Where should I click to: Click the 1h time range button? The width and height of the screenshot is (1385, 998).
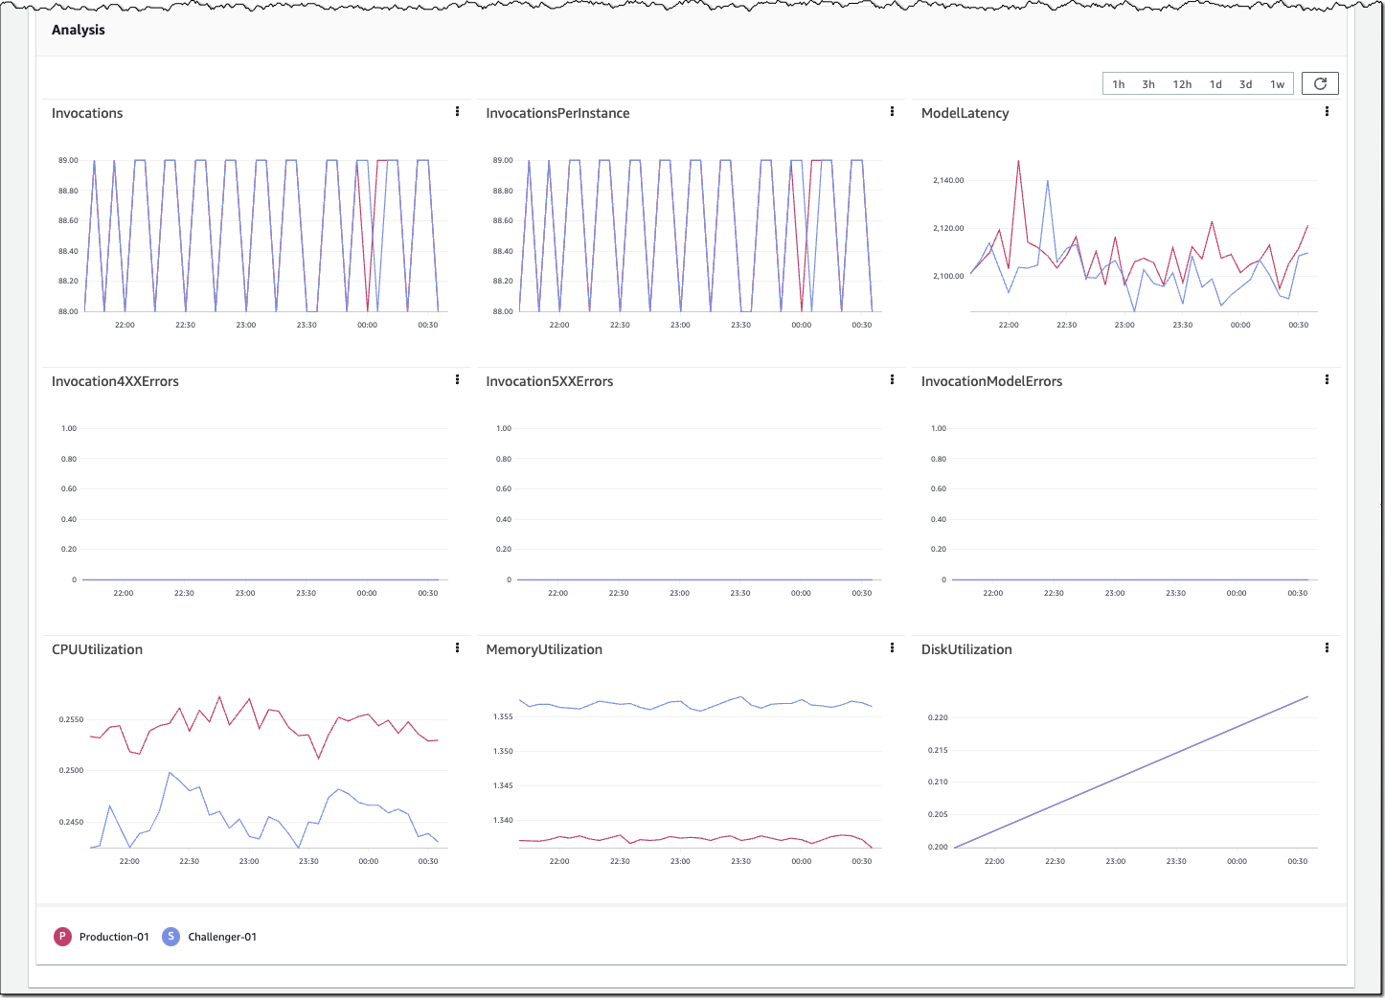(1118, 84)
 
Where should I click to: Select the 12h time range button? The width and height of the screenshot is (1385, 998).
(1182, 84)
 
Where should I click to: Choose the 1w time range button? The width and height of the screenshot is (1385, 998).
(1277, 84)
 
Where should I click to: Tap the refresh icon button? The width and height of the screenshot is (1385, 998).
(1320, 83)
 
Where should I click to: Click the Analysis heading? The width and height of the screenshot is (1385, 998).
(79, 30)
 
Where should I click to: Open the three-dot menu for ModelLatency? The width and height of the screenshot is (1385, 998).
(1327, 112)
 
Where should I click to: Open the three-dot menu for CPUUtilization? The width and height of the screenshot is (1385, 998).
(457, 648)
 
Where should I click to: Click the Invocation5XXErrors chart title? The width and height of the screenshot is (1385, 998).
(549, 381)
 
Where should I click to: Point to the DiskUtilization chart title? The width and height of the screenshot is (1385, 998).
(965, 649)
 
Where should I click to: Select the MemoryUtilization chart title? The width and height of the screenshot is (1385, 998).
(544, 649)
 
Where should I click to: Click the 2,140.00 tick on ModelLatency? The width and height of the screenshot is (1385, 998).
(948, 180)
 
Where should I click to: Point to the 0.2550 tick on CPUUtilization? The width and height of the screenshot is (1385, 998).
(70, 719)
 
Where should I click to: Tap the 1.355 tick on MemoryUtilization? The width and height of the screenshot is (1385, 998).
(503, 716)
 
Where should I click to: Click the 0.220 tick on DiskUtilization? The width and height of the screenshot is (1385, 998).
(938, 717)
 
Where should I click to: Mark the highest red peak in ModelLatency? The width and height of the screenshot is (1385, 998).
(1018, 161)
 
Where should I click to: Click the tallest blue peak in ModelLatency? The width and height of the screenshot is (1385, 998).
(1048, 180)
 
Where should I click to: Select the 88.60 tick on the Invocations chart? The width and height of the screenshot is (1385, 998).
(68, 220)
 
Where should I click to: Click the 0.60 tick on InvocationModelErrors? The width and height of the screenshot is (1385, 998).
(939, 488)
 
